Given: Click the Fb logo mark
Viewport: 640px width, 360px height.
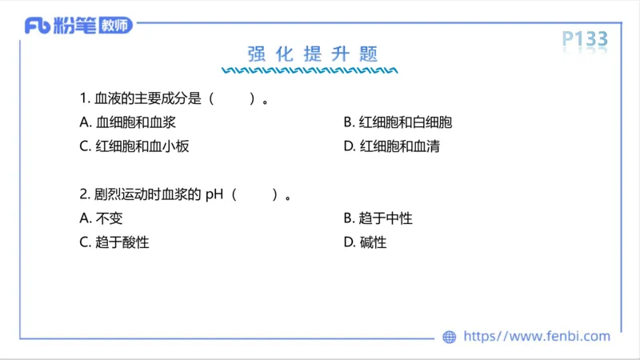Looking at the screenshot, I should coord(38,26).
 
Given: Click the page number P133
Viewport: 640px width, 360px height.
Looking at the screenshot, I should coord(584,38).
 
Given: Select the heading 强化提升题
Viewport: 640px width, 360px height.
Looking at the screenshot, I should coord(312,54).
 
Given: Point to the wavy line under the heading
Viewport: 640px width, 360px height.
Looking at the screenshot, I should coord(312,70).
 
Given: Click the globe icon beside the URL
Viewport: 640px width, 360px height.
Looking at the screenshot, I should coord(450,337).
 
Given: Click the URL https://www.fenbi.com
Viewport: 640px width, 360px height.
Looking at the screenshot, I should coord(536,337).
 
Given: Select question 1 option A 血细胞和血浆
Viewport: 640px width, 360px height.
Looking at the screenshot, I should coord(128,122).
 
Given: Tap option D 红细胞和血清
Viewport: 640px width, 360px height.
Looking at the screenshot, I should coord(391,146).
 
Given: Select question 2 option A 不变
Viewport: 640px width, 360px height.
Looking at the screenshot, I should coord(102,218).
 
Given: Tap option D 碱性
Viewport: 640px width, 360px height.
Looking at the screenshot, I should coord(365,242).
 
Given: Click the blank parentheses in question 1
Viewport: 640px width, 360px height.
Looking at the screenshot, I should coord(233,99).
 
